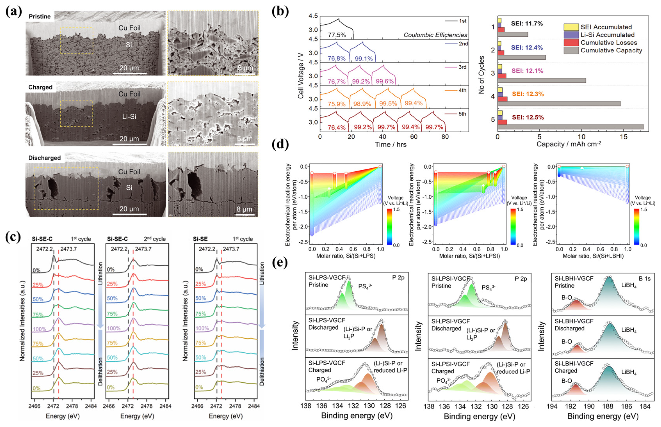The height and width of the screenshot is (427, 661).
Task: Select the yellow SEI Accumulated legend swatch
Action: pos(571,27)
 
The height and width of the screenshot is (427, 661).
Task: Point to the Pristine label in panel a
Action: pos(39,17)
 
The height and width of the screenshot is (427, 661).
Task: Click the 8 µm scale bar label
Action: pos(244,209)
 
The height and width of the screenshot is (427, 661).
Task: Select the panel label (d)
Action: pos(280,144)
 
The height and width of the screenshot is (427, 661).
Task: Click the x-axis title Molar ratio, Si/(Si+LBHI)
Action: pos(593,256)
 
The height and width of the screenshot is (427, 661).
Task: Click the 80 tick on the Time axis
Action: pos(445,137)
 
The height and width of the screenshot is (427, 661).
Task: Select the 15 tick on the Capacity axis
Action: pos(623,137)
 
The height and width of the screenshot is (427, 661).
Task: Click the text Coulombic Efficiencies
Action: pos(435,35)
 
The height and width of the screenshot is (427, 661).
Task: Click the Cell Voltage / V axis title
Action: pos(301,75)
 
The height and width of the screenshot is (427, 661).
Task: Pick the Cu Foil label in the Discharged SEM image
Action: pos(129,172)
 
